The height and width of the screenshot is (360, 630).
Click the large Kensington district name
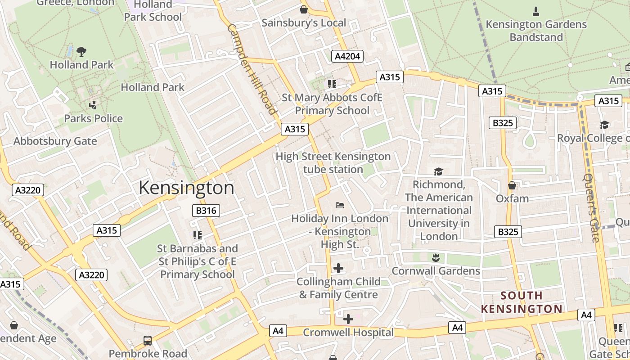tap(186, 188)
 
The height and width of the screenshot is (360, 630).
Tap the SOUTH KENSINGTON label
tap(522, 302)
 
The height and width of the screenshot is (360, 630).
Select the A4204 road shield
tap(347, 56)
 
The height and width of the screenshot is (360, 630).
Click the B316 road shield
tap(207, 210)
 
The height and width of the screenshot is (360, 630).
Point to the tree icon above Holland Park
tap(81, 51)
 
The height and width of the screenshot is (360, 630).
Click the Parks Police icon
tap(93, 105)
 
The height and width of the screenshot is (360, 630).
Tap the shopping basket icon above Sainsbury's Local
tap(304, 9)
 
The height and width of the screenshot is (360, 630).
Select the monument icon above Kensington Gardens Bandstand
tap(536, 11)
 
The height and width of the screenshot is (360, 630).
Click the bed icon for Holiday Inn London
tap(340, 205)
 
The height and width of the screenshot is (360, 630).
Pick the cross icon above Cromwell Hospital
tap(348, 319)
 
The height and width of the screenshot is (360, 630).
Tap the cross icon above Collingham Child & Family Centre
tap(338, 268)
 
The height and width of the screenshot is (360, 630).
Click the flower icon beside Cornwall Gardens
tap(435, 258)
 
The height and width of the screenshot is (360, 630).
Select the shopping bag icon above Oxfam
tap(512, 185)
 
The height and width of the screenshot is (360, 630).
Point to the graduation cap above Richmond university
tap(438, 171)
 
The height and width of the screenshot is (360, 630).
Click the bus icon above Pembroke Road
tap(148, 340)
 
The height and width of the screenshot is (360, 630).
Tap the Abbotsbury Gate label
tap(55, 141)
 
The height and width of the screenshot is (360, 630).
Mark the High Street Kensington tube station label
tap(333, 163)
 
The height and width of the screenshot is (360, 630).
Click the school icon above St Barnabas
tap(197, 235)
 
